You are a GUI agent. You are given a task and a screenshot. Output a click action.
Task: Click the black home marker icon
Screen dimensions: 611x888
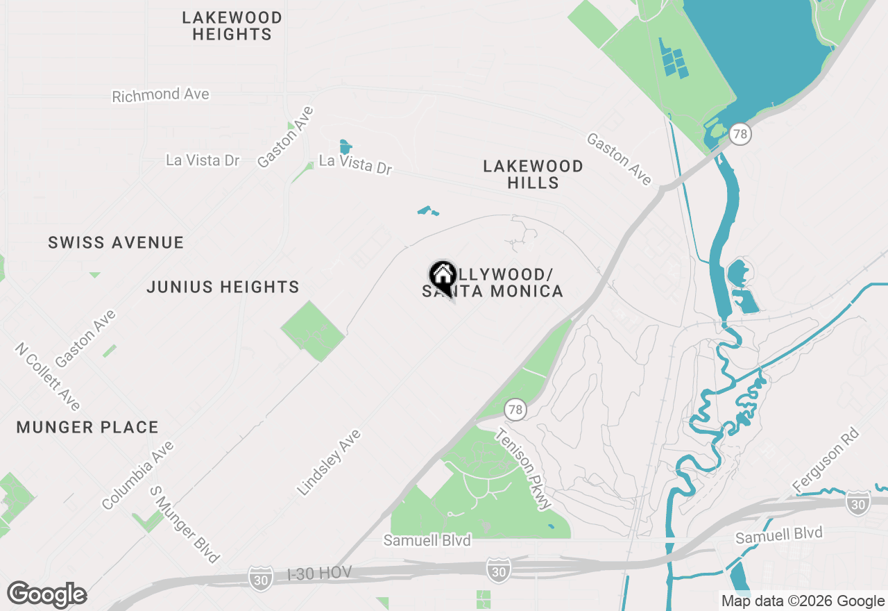pyautogui.click(x=442, y=276)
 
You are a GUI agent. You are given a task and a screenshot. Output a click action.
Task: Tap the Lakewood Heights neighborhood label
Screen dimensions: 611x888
pyautogui.click(x=232, y=26)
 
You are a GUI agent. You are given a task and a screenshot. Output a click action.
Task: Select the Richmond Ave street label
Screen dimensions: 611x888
pyautogui.click(x=160, y=94)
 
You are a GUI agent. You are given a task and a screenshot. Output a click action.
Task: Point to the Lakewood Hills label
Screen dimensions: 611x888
pyautogui.click(x=533, y=174)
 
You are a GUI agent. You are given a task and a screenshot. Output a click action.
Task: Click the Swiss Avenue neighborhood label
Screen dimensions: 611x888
pyautogui.click(x=116, y=242)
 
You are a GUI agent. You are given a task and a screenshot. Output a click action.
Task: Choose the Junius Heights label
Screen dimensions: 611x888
pyautogui.click(x=223, y=287)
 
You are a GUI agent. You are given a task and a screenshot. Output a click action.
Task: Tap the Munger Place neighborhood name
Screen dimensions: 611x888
pyautogui.click(x=87, y=427)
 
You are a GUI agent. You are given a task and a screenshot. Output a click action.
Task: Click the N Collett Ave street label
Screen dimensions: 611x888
pyautogui.click(x=48, y=376)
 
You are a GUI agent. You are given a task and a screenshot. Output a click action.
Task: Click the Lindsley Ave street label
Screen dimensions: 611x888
pyautogui.click(x=330, y=462)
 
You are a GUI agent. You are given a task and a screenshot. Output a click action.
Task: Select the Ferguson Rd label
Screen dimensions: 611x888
pyautogui.click(x=826, y=461)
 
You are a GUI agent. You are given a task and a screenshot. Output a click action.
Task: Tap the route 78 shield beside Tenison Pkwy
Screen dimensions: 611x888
pyautogui.click(x=514, y=410)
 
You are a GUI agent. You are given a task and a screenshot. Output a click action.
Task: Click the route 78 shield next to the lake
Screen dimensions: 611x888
pyautogui.click(x=740, y=134)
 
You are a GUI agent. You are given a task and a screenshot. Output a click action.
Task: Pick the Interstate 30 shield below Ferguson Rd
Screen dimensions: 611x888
pyautogui.click(x=857, y=503)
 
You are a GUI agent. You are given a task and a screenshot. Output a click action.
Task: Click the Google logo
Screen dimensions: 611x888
pyautogui.click(x=46, y=594)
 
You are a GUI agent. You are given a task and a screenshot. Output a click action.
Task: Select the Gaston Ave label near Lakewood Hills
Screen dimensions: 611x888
pyautogui.click(x=619, y=159)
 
